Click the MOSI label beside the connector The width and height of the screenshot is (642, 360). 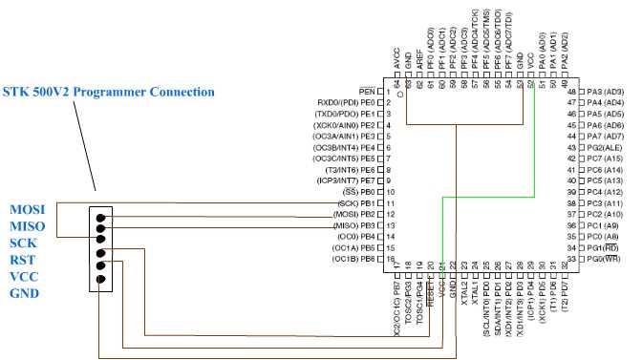coord(27,209)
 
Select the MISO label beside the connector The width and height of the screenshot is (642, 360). coord(27,225)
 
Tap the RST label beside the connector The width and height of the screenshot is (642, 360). coord(23,258)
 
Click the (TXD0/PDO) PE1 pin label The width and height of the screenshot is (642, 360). coord(345,114)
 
